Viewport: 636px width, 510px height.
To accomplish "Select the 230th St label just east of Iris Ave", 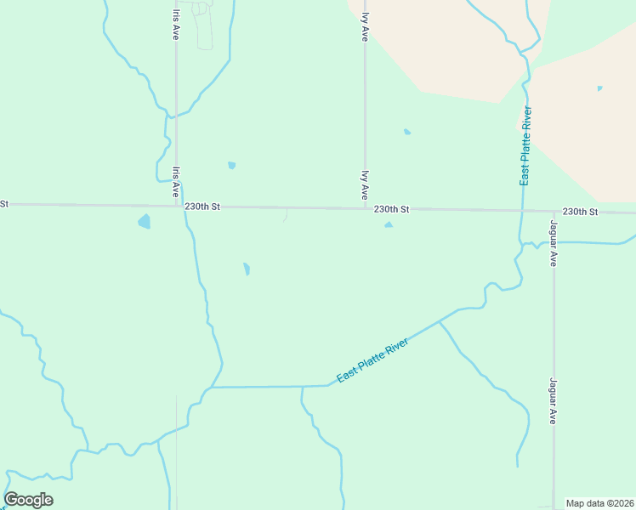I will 202,207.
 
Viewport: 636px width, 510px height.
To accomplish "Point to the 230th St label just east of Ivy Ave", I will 392,208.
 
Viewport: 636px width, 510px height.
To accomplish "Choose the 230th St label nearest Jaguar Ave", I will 580,211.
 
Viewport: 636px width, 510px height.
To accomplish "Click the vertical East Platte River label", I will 526,146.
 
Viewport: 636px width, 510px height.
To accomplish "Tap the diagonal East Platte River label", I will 372,360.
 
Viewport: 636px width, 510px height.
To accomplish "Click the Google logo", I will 28,500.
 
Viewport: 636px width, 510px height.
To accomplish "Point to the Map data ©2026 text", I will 599,503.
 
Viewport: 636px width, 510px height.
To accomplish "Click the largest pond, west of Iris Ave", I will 145,222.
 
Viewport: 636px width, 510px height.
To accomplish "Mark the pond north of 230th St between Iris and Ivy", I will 231,165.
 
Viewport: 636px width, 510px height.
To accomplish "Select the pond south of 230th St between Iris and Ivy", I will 247,269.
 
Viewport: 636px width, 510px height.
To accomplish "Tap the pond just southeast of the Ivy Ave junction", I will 389,224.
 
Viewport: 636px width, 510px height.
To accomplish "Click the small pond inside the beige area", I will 599,88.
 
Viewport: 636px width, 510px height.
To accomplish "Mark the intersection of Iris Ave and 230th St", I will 177,206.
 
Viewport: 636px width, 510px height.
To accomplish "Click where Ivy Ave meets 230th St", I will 366,207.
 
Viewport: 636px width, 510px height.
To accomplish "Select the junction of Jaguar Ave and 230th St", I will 554,212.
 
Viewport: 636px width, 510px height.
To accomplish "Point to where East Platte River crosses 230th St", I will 520,211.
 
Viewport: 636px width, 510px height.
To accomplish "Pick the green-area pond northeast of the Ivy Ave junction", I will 407,132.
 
